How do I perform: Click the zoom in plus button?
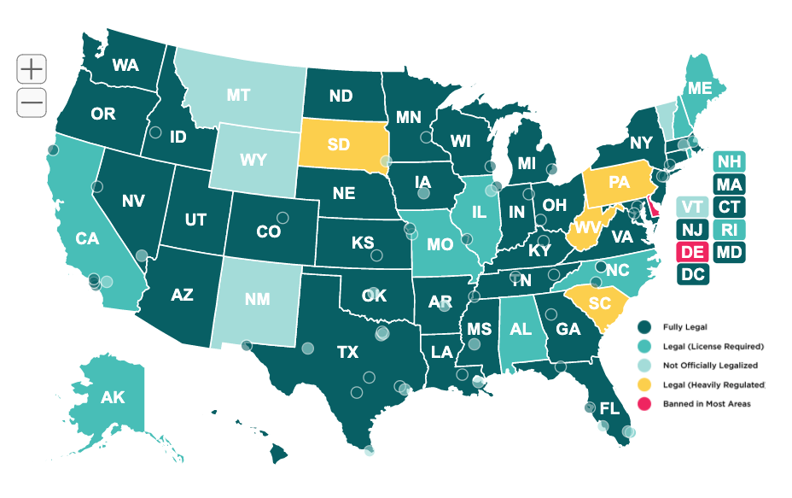32,68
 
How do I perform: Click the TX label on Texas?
346,351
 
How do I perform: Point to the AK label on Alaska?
112,398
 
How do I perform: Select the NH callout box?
728,161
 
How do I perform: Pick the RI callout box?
728,229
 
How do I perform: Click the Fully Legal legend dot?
646,327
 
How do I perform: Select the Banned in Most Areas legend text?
707,403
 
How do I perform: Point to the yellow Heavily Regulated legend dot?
646,384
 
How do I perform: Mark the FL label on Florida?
609,407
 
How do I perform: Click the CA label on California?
87,239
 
